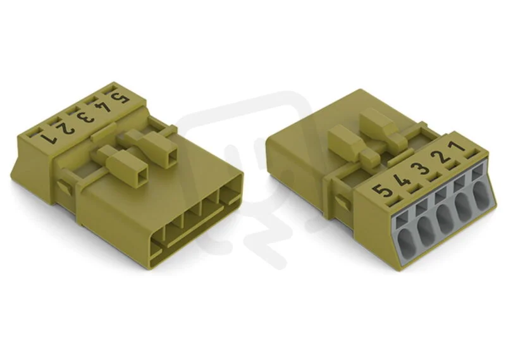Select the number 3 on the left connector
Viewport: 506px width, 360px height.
(86, 117)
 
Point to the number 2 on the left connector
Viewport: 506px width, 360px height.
(66, 128)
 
